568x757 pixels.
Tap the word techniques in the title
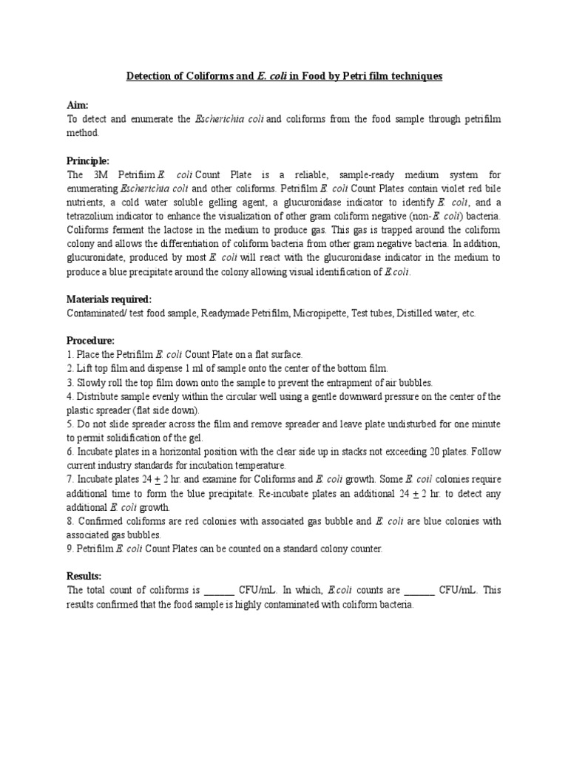tap(415, 76)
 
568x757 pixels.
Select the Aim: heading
tap(78, 106)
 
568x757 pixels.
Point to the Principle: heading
tap(88, 160)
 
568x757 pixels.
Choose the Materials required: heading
tap(109, 299)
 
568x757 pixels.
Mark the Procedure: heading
tap(91, 340)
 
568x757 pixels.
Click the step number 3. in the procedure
tap(71, 382)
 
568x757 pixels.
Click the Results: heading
tap(84, 576)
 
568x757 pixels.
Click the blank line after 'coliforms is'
tap(218, 591)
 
